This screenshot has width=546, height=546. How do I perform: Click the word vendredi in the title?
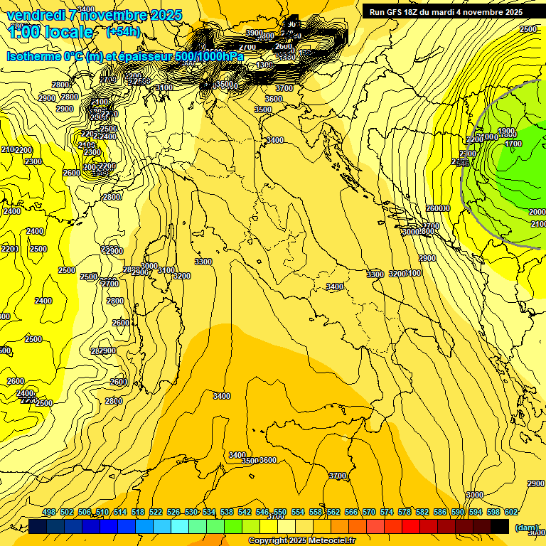[36, 15]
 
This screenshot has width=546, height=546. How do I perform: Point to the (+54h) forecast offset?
[122, 32]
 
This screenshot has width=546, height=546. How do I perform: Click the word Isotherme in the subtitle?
[33, 56]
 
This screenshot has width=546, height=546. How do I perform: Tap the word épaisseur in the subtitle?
[146, 56]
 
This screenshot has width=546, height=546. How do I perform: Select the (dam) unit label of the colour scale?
[527, 528]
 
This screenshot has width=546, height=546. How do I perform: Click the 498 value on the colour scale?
[49, 512]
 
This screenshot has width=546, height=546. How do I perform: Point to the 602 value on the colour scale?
[510, 512]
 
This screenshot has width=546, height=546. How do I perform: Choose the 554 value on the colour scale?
[298, 512]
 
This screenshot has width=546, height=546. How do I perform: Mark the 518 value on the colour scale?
[138, 512]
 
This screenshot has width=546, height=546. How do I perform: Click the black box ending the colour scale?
[500, 526]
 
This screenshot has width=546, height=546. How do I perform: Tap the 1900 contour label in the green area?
[506, 132]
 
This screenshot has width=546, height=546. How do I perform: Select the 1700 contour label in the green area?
[513, 144]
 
